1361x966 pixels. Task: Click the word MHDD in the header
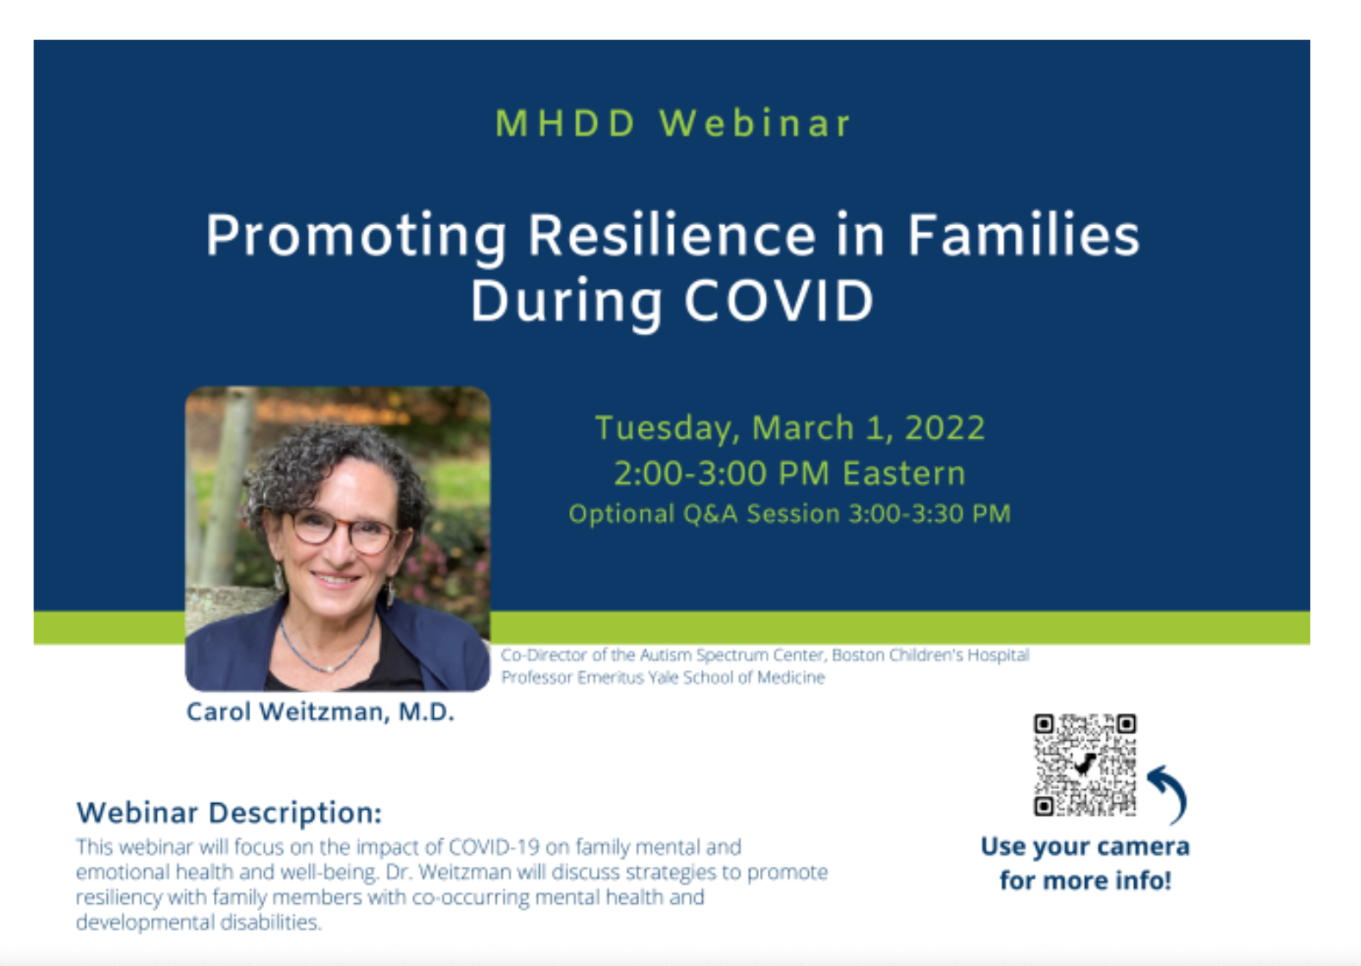(566, 123)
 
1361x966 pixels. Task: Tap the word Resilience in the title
(671, 235)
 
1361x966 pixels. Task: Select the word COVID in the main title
(779, 301)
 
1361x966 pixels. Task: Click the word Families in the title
(1024, 235)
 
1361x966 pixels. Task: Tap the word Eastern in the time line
(904, 474)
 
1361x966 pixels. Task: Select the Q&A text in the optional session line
(711, 514)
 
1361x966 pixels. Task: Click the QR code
(1085, 765)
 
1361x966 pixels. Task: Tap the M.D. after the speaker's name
(426, 712)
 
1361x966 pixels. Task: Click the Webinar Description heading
(229, 812)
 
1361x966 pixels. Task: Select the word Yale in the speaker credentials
(663, 677)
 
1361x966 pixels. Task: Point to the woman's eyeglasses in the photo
(344, 529)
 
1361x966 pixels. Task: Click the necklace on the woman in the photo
(328, 651)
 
